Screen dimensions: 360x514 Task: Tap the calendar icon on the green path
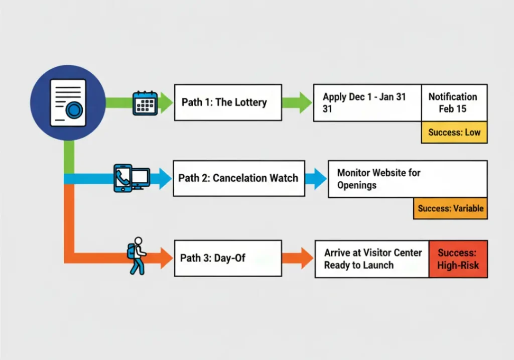pyautogui.click(x=145, y=103)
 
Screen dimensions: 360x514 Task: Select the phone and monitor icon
pyautogui.click(x=131, y=178)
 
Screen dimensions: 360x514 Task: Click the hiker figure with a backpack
pyautogui.click(x=137, y=256)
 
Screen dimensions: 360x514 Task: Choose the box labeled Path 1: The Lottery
pyautogui.click(x=228, y=102)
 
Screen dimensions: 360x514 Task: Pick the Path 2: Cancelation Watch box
pyautogui.click(x=239, y=178)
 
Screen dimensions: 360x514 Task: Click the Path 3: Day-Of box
pyautogui.click(x=228, y=258)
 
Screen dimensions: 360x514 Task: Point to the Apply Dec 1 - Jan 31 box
pyautogui.click(x=367, y=102)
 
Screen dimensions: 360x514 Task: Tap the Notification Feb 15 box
pyautogui.click(x=454, y=102)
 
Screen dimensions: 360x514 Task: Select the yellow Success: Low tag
pyautogui.click(x=454, y=133)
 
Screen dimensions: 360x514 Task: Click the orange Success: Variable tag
pyautogui.click(x=450, y=208)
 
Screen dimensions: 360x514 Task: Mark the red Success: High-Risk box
pyautogui.click(x=458, y=259)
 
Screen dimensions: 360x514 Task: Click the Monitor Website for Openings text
pyautogui.click(x=378, y=179)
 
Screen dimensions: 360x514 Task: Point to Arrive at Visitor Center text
pyautogui.click(x=373, y=253)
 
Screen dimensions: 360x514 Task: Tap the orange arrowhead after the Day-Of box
pyautogui.click(x=305, y=259)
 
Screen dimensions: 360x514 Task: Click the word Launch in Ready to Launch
pyautogui.click(x=379, y=265)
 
